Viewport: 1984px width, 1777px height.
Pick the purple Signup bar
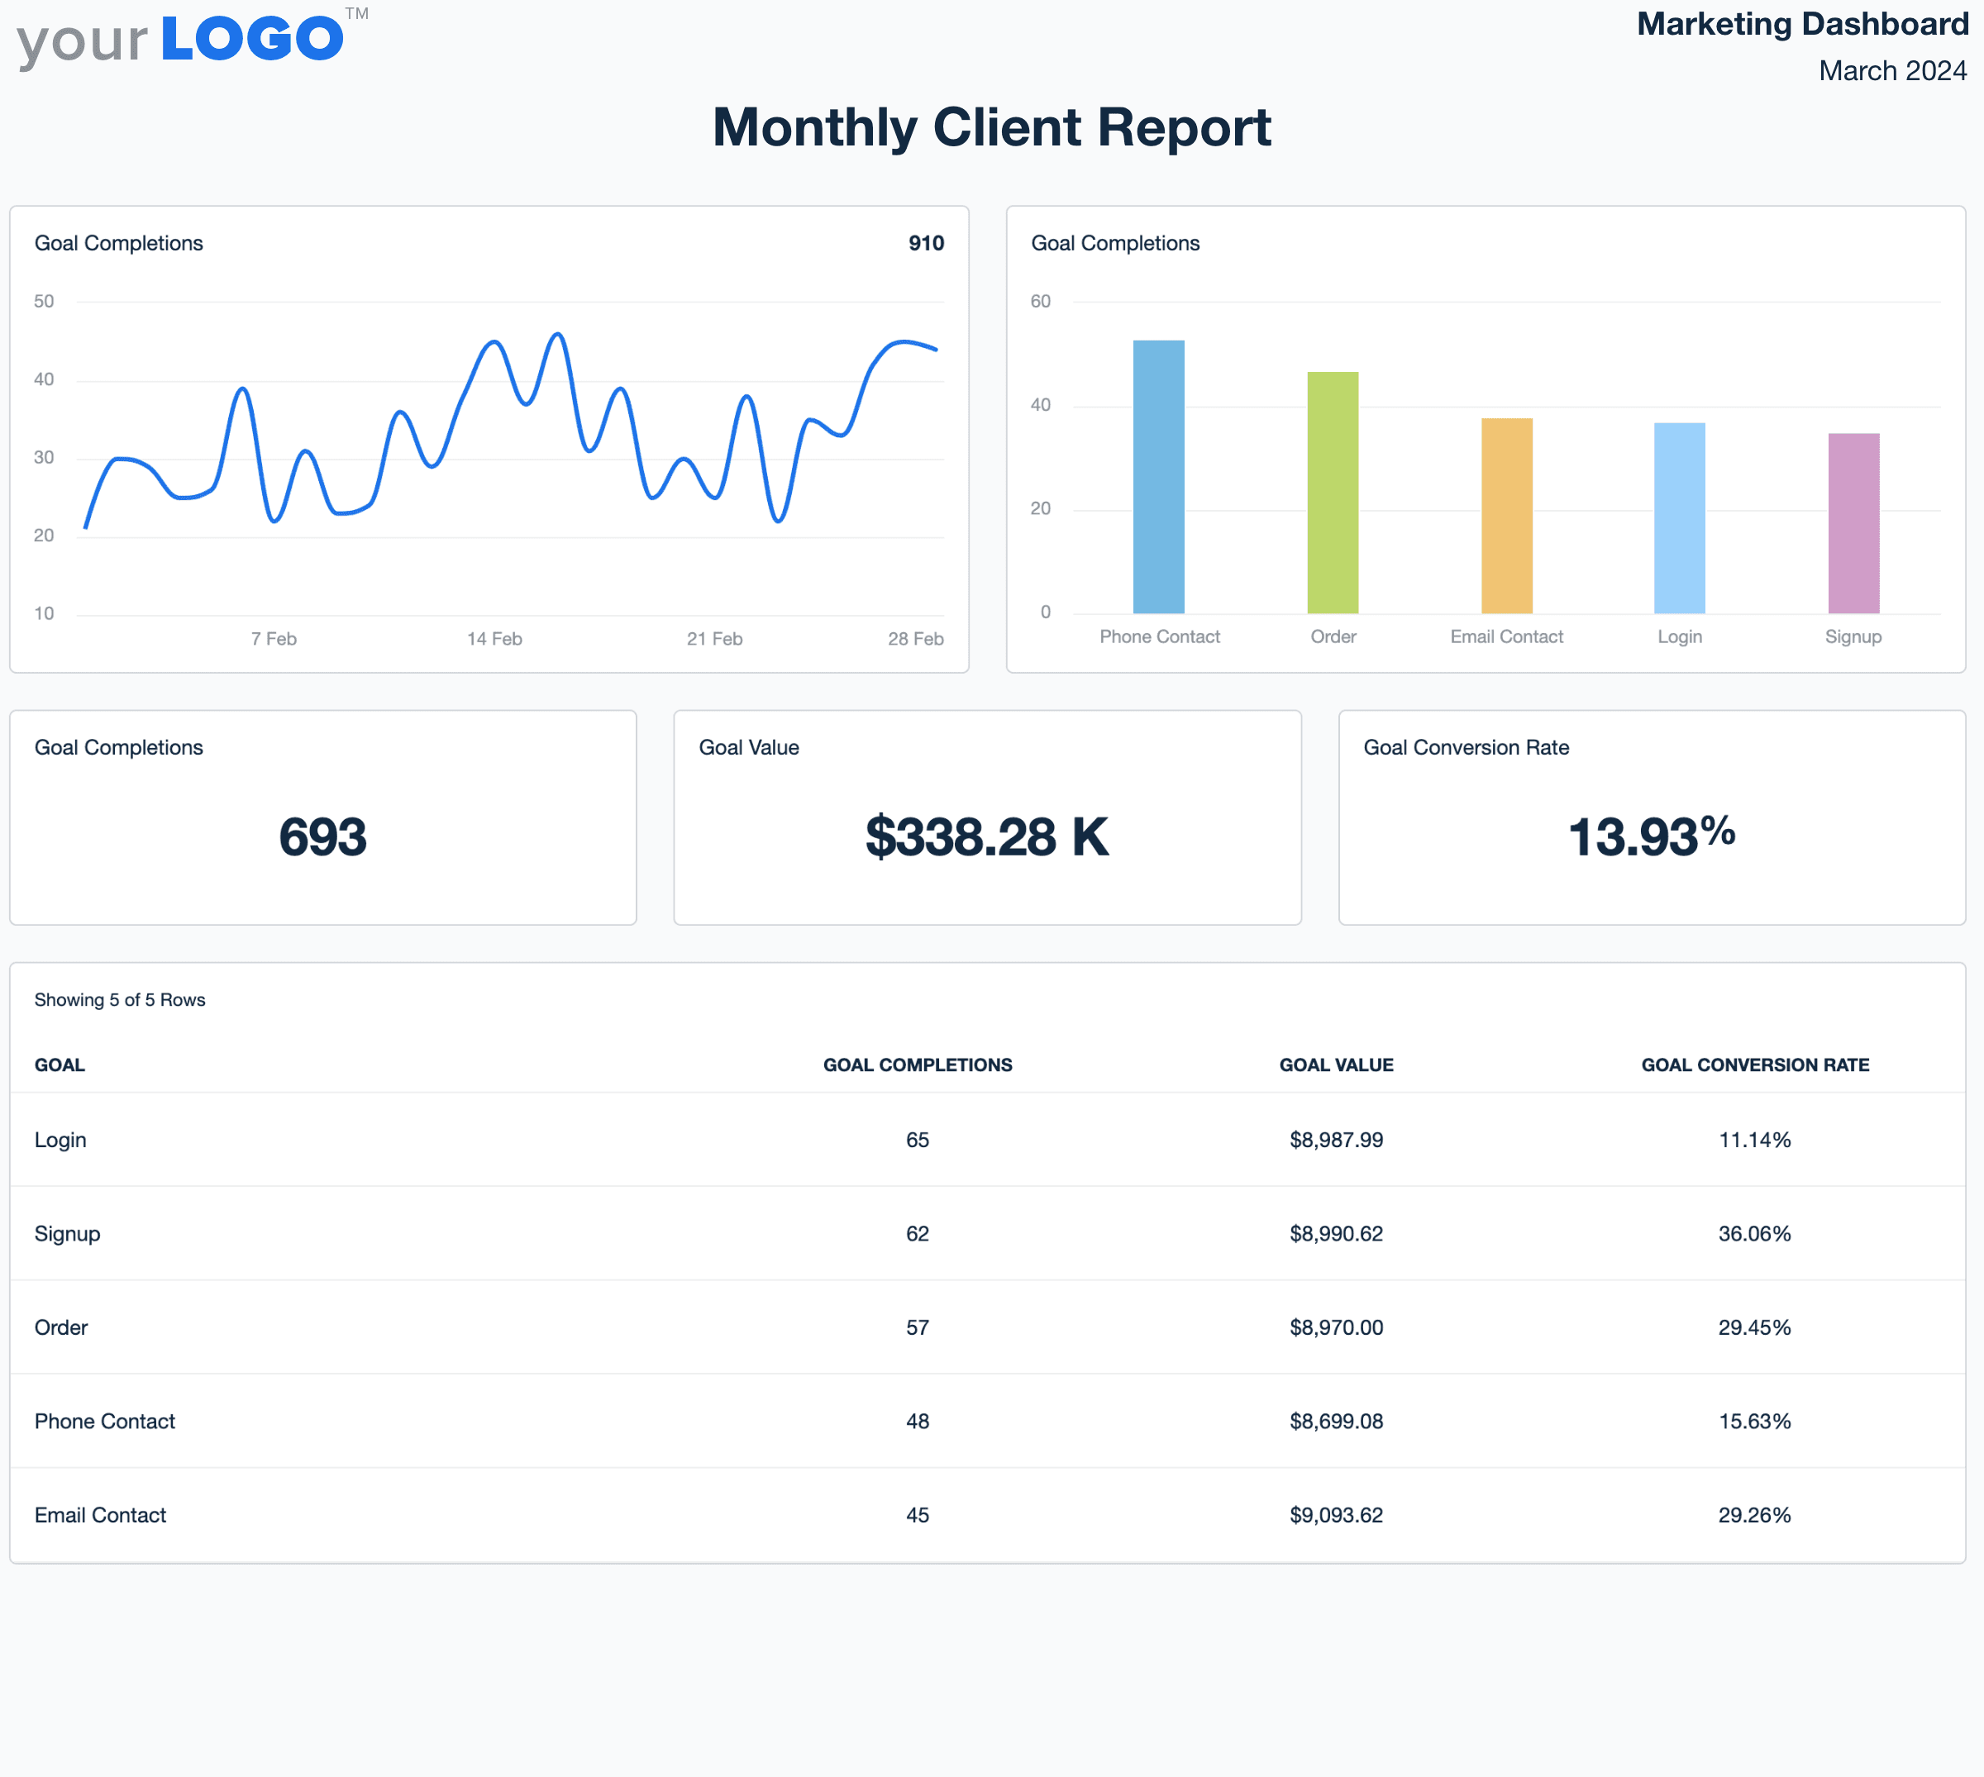tap(1853, 523)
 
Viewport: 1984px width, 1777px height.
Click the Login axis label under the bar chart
tap(1678, 636)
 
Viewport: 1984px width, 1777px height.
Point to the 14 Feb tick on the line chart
tap(494, 639)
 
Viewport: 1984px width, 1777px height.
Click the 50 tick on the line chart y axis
tap(44, 301)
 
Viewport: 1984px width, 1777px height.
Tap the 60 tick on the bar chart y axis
tap(1040, 301)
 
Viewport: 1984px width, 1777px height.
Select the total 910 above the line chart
tap(926, 243)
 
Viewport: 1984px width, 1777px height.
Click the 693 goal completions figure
tap(322, 836)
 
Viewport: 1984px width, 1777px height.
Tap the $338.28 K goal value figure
tap(986, 836)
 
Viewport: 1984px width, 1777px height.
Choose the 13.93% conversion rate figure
tap(1651, 836)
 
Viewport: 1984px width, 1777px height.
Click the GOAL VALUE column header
tap(1336, 1065)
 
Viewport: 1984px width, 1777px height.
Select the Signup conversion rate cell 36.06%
tap(1753, 1233)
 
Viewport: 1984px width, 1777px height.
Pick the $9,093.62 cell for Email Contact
tap(1336, 1514)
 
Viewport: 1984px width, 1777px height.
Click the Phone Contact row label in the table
tap(104, 1421)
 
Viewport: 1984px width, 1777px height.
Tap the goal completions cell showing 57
tap(917, 1327)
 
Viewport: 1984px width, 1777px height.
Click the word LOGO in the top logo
tap(252, 39)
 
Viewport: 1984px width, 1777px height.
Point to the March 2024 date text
tap(1891, 70)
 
